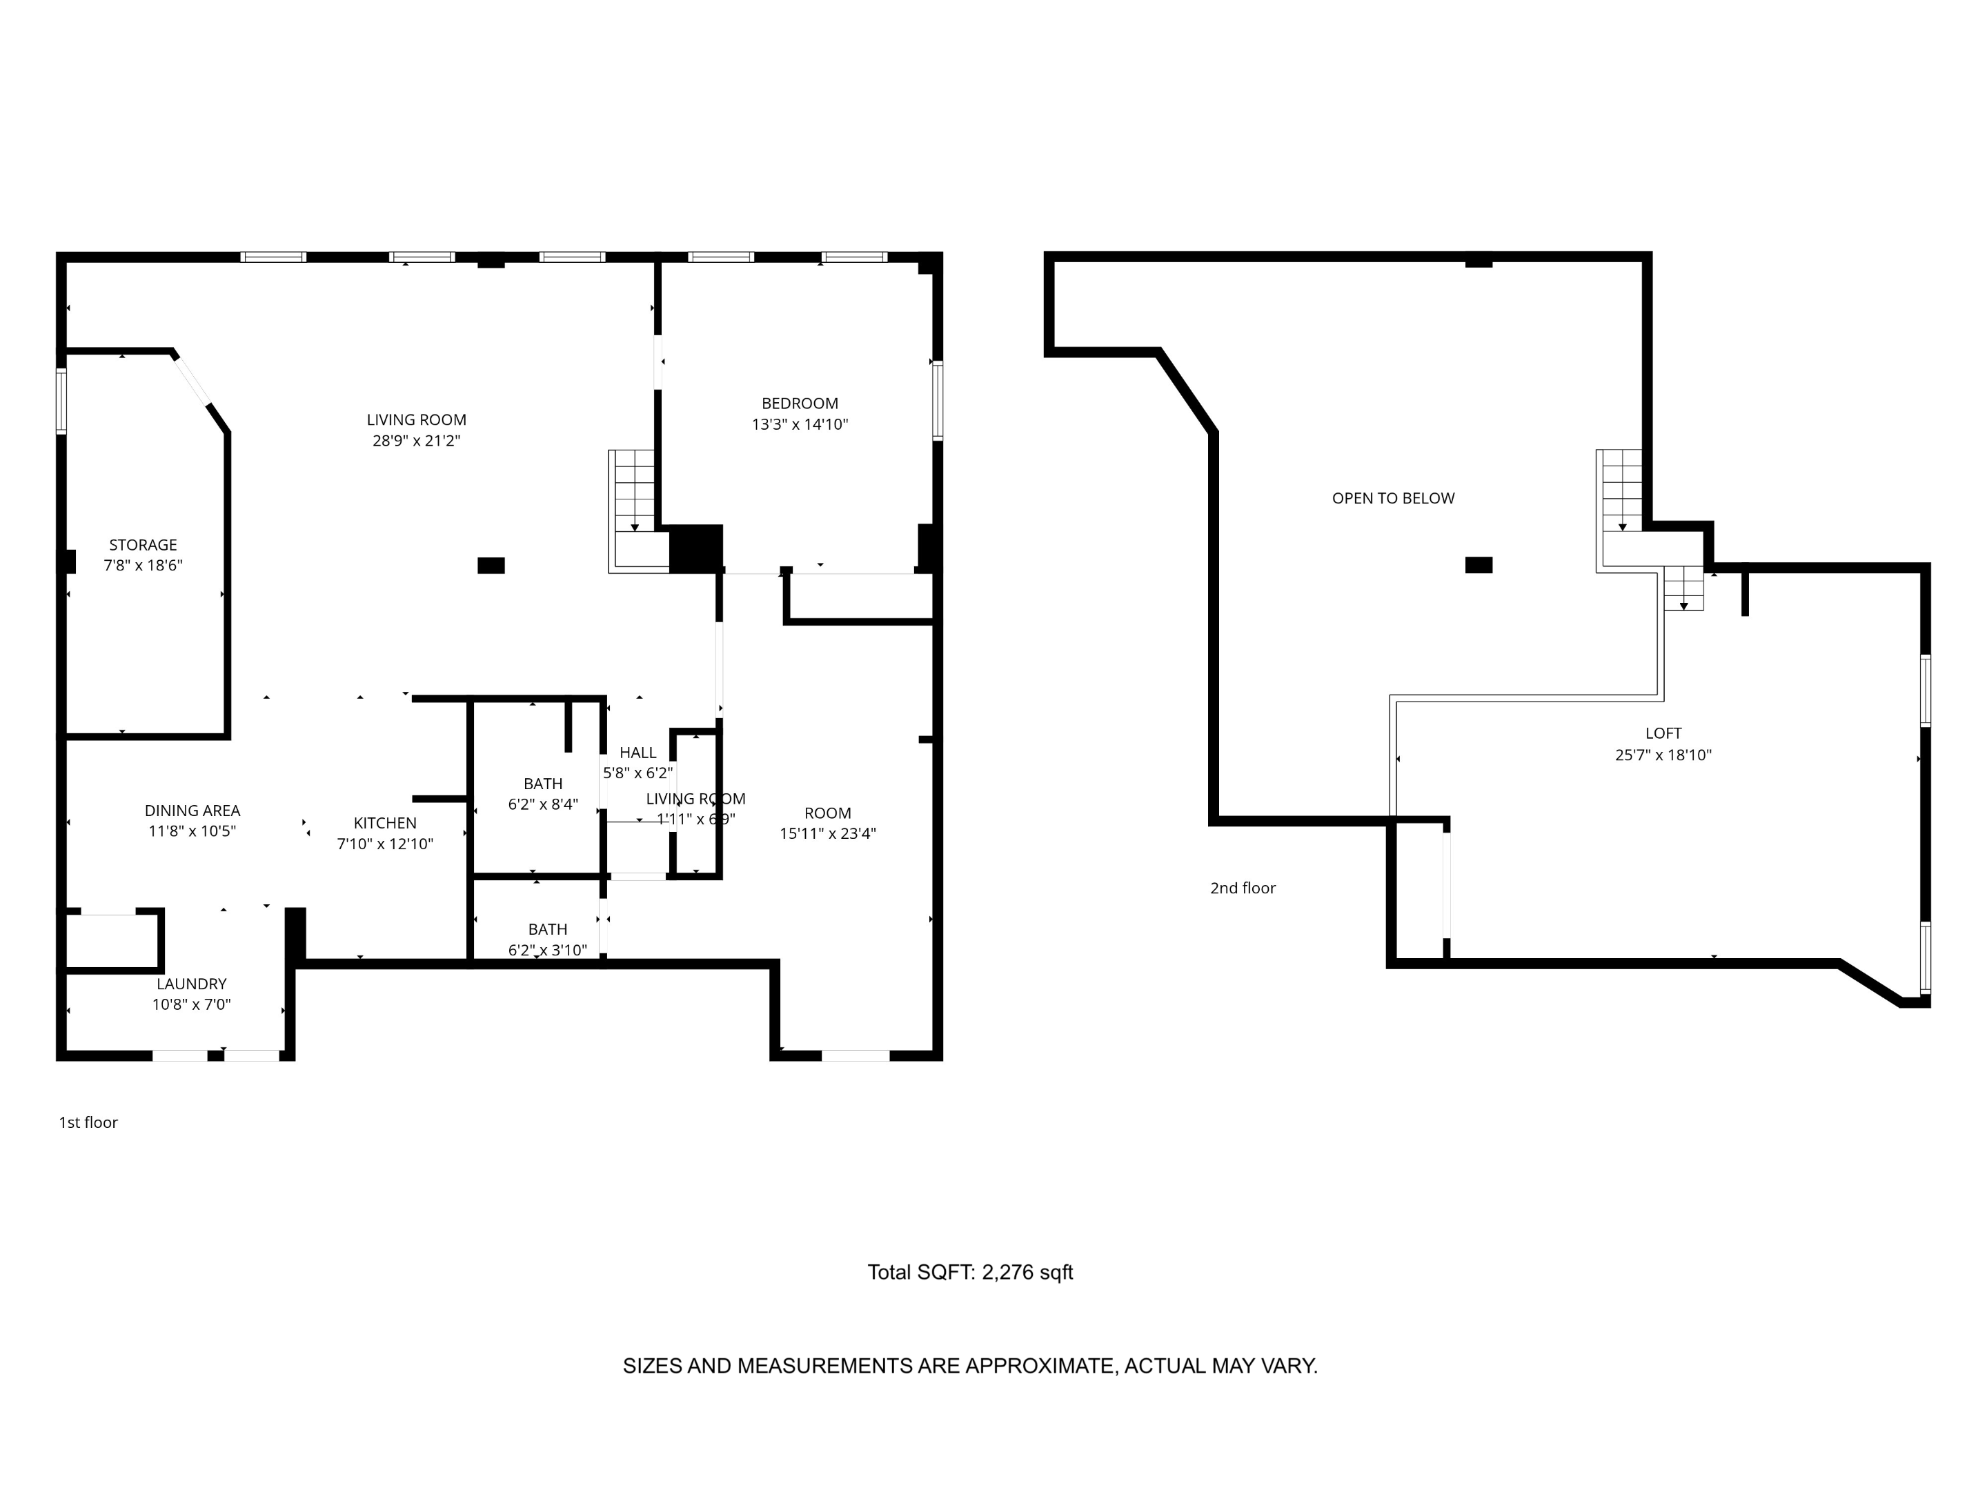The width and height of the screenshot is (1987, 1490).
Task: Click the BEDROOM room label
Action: [x=800, y=404]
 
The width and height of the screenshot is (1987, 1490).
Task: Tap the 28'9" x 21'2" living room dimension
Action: [x=416, y=441]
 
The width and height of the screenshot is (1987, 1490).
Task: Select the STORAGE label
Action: [x=143, y=545]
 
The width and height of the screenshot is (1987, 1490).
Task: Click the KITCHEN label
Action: [x=384, y=824]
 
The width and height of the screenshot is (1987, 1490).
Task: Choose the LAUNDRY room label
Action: [x=191, y=984]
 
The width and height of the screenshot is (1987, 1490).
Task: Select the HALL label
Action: [x=637, y=753]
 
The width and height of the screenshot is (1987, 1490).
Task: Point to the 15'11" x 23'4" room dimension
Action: [x=827, y=833]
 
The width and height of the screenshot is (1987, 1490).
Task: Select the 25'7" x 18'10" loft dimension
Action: [x=1663, y=755]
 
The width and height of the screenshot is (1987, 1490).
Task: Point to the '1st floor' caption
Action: [x=88, y=1122]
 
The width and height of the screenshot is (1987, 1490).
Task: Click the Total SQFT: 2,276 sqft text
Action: [x=969, y=1273]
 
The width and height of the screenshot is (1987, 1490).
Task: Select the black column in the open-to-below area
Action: [x=1479, y=565]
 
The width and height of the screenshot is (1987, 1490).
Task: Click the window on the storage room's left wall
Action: [x=61, y=401]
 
